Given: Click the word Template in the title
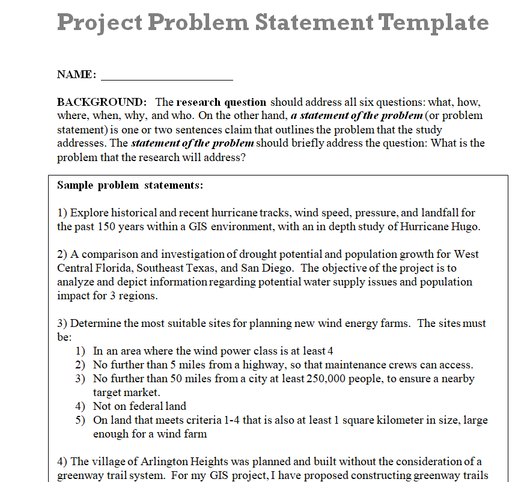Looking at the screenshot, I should point(434,23).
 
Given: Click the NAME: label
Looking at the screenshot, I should point(76,75).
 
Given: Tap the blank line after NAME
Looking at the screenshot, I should point(167,76).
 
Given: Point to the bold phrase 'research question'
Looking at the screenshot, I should point(221,102).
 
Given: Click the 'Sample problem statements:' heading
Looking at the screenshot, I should point(130,185).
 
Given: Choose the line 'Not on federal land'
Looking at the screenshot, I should point(139,406).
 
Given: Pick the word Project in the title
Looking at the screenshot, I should point(99,23).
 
